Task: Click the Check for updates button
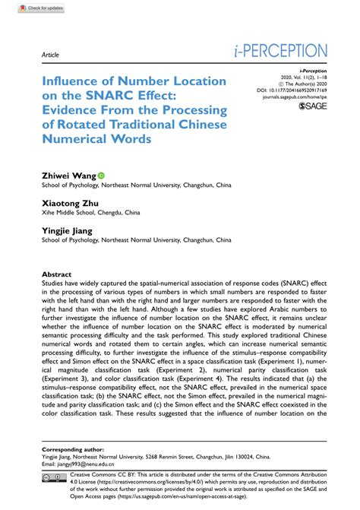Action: click(25, 7)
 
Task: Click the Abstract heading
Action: click(52, 274)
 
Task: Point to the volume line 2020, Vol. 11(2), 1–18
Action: click(308, 77)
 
